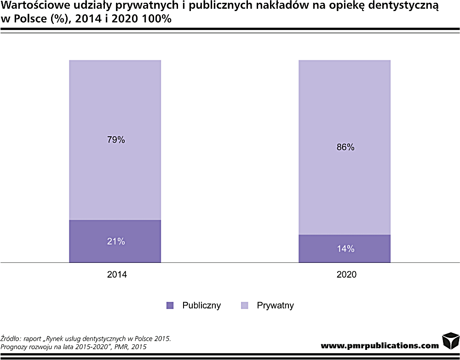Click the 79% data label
coord(116,140)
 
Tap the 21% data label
coord(116,241)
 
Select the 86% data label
coord(345,147)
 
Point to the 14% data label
coord(345,249)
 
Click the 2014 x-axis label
coord(117,275)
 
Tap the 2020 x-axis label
coord(346,275)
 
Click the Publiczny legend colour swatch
coord(170,305)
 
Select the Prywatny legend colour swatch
coord(245,305)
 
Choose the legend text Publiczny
coord(201,305)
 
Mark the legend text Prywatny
coord(275,305)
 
